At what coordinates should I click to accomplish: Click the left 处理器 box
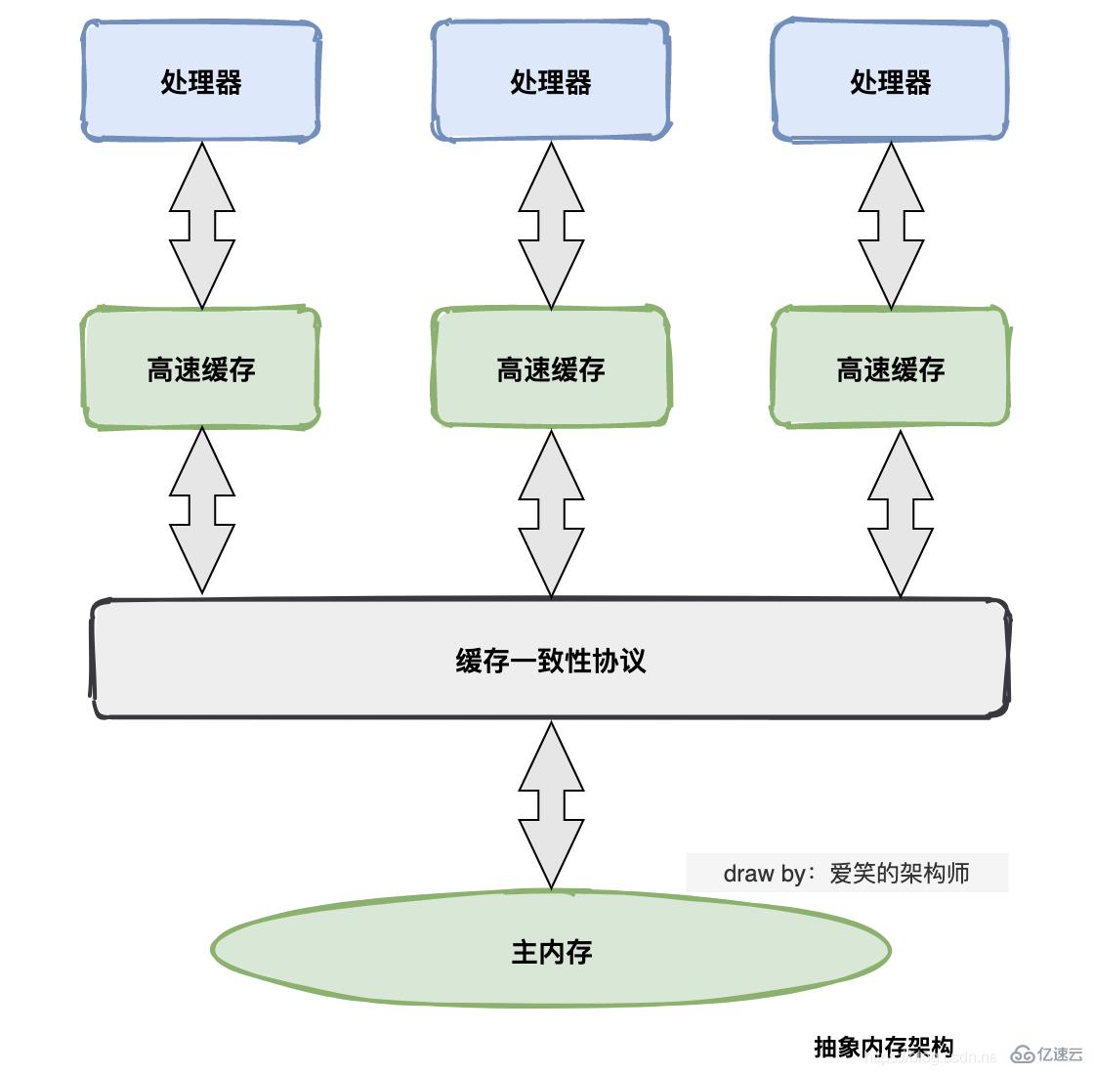pyautogui.click(x=201, y=82)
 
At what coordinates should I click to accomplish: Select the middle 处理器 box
pyautogui.click(x=551, y=82)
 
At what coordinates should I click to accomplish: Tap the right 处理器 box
pyautogui.click(x=890, y=82)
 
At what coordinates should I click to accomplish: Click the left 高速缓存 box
pyautogui.click(x=201, y=368)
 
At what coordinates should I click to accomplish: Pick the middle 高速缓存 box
pyautogui.click(x=551, y=368)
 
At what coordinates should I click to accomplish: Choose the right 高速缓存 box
pyautogui.click(x=890, y=368)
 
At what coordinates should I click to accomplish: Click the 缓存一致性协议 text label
pyautogui.click(x=551, y=661)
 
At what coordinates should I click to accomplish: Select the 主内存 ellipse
pyautogui.click(x=551, y=950)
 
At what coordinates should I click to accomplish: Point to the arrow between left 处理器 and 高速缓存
pyautogui.click(x=202, y=226)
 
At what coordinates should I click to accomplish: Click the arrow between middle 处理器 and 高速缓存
pyautogui.click(x=551, y=226)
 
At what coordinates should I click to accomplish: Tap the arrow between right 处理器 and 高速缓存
pyautogui.click(x=891, y=226)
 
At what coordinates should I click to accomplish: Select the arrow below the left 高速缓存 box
pyautogui.click(x=202, y=511)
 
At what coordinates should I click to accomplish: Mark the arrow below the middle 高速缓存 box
pyautogui.click(x=551, y=514)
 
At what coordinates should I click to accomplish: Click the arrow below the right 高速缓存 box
pyautogui.click(x=900, y=514)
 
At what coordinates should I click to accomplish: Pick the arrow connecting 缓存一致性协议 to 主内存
pyautogui.click(x=551, y=804)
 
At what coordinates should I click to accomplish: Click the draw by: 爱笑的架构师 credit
pyautogui.click(x=846, y=873)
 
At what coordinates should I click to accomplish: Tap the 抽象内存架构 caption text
pyautogui.click(x=883, y=1047)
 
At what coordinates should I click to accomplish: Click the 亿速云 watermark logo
pyautogui.click(x=1047, y=1053)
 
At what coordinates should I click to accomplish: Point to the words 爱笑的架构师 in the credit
pyautogui.click(x=899, y=873)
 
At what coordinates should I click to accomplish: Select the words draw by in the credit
pyautogui.click(x=763, y=873)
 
